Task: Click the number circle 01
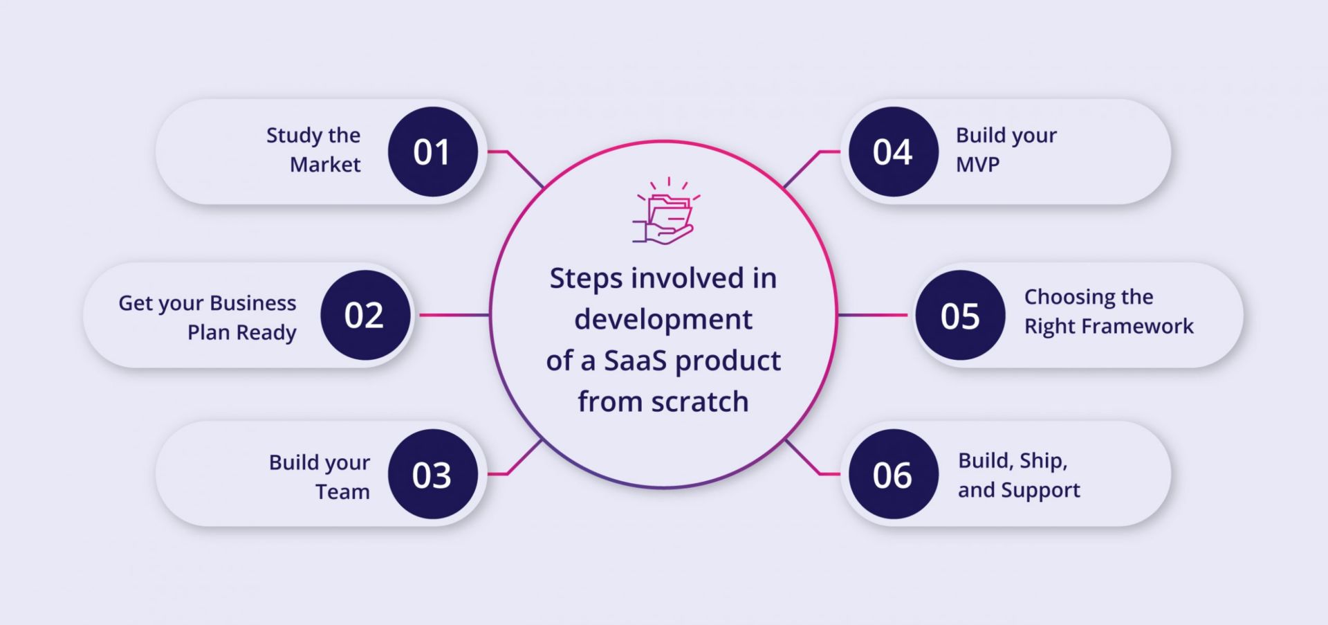(432, 152)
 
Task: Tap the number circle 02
(365, 315)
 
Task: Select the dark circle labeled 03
(432, 474)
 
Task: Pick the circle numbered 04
(893, 152)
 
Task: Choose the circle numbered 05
(960, 315)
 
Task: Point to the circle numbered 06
(893, 474)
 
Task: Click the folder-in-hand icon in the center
(665, 212)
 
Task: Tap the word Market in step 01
(325, 165)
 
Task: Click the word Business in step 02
(252, 303)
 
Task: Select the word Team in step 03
(342, 492)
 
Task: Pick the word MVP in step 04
(977, 165)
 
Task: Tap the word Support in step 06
(1040, 491)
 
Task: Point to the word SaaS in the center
(635, 361)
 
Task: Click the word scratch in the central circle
(700, 402)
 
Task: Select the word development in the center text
(663, 320)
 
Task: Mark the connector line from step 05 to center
(873, 315)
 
